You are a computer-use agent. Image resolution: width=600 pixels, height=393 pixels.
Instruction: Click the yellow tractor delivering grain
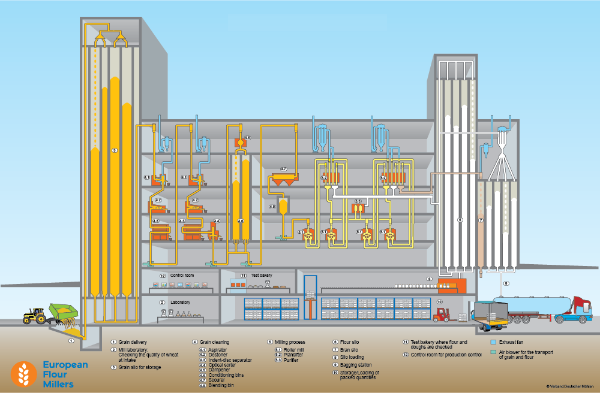click(35, 316)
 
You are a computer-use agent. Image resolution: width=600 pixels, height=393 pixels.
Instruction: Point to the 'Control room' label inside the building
click(182, 276)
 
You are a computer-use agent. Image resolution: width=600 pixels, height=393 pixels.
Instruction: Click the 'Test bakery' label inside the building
click(261, 276)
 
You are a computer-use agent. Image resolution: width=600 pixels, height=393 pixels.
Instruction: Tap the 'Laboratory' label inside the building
click(181, 302)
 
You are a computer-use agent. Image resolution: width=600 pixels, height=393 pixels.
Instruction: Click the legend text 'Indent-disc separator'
click(230, 359)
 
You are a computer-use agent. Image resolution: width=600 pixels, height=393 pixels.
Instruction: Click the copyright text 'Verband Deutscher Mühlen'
click(570, 386)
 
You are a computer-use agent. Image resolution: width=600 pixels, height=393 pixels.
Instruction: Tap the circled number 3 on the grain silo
click(115, 150)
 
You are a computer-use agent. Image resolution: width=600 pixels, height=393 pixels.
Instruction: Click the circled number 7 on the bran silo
click(481, 220)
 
